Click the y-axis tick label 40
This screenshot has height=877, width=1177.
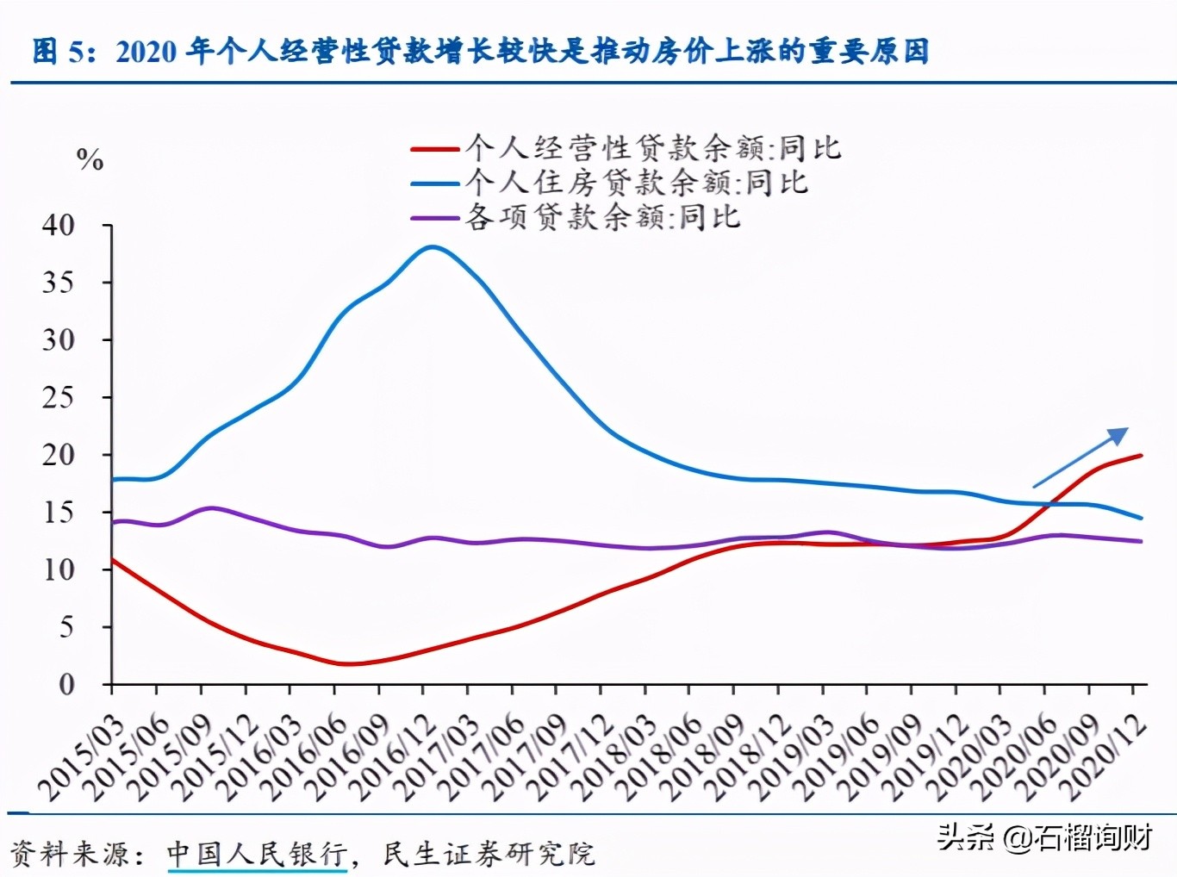(x=59, y=226)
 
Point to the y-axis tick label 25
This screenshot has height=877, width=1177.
(x=59, y=398)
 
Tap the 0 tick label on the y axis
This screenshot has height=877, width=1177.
(x=66, y=685)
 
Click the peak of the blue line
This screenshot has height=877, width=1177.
(x=433, y=247)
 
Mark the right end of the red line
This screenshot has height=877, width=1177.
(x=1142, y=455)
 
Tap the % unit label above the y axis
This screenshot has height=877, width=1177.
(x=90, y=159)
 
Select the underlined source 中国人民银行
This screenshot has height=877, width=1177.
(x=257, y=854)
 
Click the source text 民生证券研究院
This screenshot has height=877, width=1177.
(x=489, y=854)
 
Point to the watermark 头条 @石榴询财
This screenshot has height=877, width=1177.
(x=1044, y=837)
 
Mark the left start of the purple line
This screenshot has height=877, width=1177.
(x=113, y=522)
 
